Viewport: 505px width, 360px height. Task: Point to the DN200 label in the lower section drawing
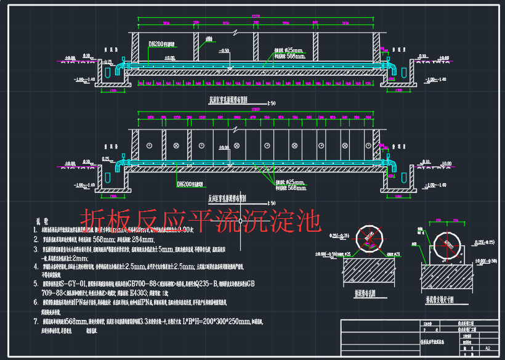(188, 184)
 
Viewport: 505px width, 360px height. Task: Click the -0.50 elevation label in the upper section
(224, 51)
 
